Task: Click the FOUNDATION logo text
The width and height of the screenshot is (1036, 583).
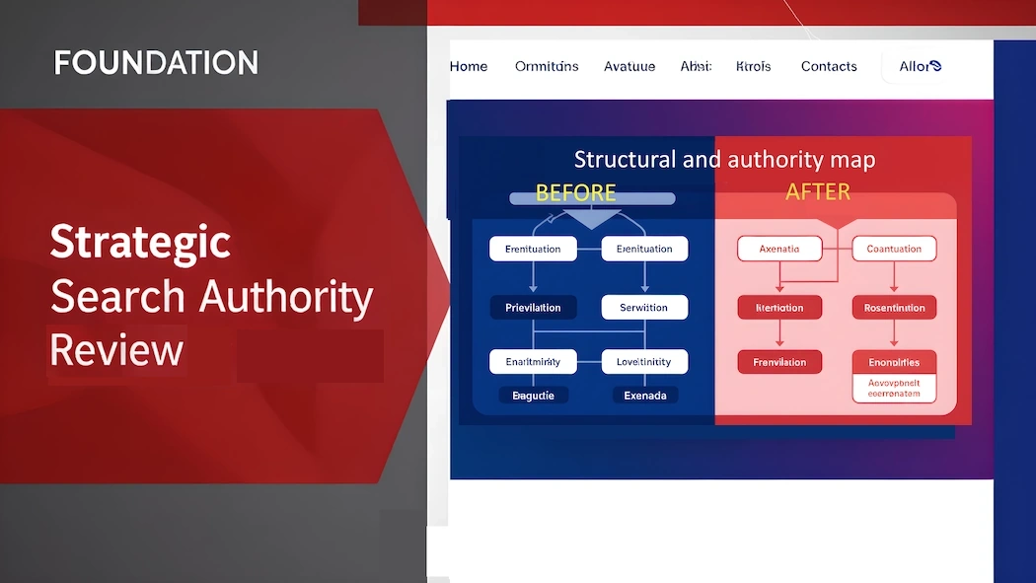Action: (x=156, y=63)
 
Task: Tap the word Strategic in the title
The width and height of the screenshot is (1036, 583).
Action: (x=140, y=242)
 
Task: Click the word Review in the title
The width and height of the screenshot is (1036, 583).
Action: (x=116, y=349)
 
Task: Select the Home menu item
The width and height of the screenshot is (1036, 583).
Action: (x=469, y=66)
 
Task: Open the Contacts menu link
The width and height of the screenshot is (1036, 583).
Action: (x=829, y=66)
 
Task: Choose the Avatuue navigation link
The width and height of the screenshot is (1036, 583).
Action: (x=629, y=66)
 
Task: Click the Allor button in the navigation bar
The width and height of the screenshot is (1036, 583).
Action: (x=920, y=66)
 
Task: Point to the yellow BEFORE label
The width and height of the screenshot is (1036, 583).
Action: (x=575, y=191)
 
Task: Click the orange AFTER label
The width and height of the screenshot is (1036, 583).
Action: (x=818, y=191)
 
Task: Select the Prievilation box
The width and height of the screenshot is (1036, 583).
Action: (x=533, y=308)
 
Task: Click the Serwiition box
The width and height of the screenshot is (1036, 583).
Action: (x=643, y=308)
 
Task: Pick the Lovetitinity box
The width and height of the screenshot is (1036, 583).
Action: (x=643, y=362)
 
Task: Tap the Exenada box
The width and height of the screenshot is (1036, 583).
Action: (x=645, y=396)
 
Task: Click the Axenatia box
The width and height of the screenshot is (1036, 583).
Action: (x=779, y=249)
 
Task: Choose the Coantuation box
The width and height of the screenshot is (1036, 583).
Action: (x=894, y=249)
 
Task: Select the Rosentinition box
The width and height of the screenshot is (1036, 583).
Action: (x=894, y=308)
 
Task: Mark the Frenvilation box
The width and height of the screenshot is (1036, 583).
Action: (x=779, y=362)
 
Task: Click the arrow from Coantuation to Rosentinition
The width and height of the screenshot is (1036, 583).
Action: (x=894, y=278)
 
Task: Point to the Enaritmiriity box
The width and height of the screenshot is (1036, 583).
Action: (x=533, y=362)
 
